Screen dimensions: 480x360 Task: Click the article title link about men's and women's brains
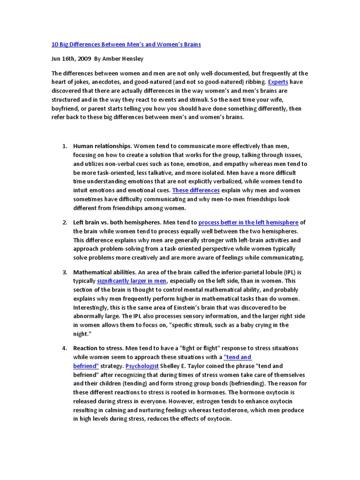click(x=126, y=45)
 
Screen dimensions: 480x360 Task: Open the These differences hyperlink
click(x=196, y=190)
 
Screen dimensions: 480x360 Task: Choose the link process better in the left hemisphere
click(x=248, y=222)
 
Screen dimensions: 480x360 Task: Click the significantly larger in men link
click(x=132, y=281)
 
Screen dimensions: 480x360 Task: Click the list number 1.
click(x=65, y=146)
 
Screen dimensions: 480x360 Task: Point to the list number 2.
click(x=65, y=222)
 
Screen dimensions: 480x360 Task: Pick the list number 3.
click(x=65, y=272)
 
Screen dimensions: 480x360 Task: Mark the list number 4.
click(x=65, y=348)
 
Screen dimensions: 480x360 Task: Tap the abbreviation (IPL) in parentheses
click(x=285, y=272)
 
